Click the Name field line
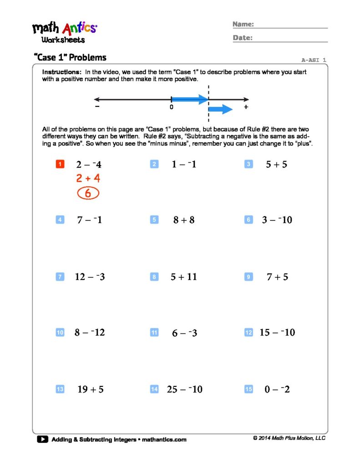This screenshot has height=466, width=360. [291, 28]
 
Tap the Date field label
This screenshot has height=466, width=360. [243, 38]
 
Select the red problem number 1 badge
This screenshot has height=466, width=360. [60, 164]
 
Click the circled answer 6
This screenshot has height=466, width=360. [88, 193]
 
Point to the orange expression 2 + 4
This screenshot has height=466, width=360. [88, 178]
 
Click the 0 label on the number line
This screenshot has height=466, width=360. [171, 107]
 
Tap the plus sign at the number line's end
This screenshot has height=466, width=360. [246, 107]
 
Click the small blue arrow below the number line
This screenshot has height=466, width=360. [220, 109]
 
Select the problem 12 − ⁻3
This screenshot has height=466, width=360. [90, 277]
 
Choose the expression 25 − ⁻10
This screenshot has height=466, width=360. [184, 389]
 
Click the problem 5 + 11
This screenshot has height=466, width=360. [183, 277]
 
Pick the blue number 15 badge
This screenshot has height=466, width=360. [248, 389]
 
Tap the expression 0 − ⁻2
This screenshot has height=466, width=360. [277, 389]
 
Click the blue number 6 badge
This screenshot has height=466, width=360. [248, 220]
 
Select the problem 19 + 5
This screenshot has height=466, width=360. [90, 389]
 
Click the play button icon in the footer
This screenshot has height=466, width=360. [42, 439]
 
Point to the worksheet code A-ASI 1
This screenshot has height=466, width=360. [314, 60]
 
